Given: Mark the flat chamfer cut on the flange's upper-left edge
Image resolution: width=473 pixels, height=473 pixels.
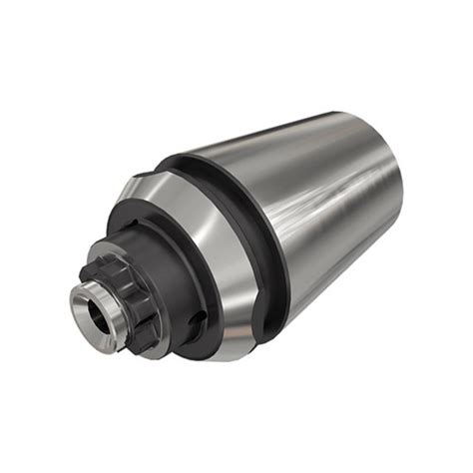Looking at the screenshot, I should point(135,190).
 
